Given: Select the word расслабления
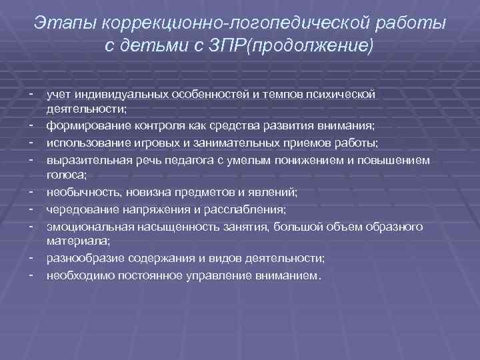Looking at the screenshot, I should click(249, 210).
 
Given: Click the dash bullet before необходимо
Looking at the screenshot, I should click(33, 275).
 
